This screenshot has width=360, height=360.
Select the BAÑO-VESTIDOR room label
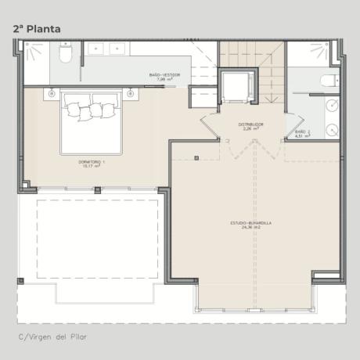[164, 74]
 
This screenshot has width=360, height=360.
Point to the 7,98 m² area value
[164, 79]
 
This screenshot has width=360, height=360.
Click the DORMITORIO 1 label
[92, 161]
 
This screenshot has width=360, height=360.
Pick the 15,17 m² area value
[92, 166]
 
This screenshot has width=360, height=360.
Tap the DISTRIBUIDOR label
[250, 124]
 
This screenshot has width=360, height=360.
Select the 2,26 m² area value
[250, 129]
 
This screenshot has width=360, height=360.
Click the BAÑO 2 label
[303, 131]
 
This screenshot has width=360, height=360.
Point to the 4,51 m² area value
[303, 136]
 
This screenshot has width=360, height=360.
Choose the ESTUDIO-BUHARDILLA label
[250, 223]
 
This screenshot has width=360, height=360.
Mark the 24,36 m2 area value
[250, 228]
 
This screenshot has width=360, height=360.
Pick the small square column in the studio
[196, 159]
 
